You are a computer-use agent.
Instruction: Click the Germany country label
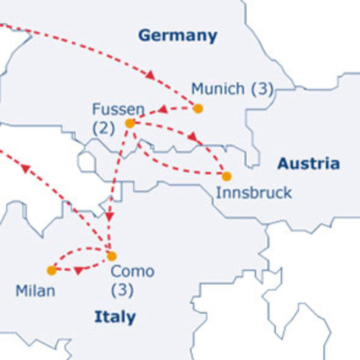(x=178, y=35)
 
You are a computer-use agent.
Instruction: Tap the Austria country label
(x=308, y=163)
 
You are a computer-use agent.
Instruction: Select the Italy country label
(x=115, y=317)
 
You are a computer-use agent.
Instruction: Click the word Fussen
(x=118, y=108)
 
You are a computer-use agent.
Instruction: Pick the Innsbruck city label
(x=253, y=193)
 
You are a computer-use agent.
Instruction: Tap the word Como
(x=132, y=271)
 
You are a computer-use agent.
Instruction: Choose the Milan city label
(x=35, y=290)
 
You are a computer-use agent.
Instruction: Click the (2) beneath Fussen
(x=104, y=128)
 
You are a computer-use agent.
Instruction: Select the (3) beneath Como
(x=121, y=289)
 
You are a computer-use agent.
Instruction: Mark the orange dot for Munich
(x=198, y=109)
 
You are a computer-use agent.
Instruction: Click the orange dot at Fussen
(x=130, y=123)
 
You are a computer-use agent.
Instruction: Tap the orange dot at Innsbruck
(x=227, y=176)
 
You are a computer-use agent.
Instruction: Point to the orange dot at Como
(x=112, y=256)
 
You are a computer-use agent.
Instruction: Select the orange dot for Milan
(x=51, y=270)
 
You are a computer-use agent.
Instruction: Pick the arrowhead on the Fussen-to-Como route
(x=109, y=216)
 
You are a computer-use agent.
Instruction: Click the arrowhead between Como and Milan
(x=78, y=270)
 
